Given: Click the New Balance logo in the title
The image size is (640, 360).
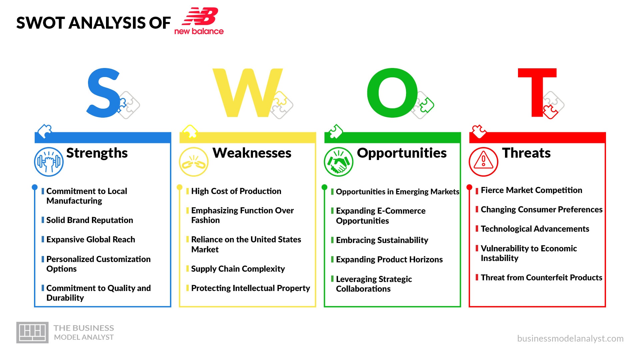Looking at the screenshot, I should pos(199,21).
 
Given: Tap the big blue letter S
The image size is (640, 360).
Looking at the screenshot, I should pos(103,93).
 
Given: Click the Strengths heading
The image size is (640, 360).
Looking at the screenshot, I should pos(97,153).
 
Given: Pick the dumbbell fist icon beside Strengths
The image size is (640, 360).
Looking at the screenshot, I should pos(49,162).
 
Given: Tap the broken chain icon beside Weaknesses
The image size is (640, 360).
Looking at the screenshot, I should pos(194,162).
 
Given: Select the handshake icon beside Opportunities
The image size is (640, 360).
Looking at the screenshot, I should pos(338,162).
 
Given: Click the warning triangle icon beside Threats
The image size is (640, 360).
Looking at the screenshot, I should pos(483,162).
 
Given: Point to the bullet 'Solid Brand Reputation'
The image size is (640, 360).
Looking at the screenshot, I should pos(89,220).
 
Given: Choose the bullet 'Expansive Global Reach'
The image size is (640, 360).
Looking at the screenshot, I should pos(90,240).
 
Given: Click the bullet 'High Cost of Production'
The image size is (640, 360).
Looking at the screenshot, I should pos(236,191).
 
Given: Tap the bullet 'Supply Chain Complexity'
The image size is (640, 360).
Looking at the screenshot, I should pos(238,269).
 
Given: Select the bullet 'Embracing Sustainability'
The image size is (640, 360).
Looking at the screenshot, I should pos(382,240).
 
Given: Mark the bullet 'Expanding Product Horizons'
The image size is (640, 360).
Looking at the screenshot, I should pos(389,260).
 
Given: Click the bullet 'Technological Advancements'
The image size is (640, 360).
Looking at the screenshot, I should pos(535,229).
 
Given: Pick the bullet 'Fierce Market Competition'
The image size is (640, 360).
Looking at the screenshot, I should pos(531,190).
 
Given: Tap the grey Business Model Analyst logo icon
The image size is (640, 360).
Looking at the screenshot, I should pos(32,333).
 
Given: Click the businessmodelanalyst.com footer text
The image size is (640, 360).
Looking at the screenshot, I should pos(570,339).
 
